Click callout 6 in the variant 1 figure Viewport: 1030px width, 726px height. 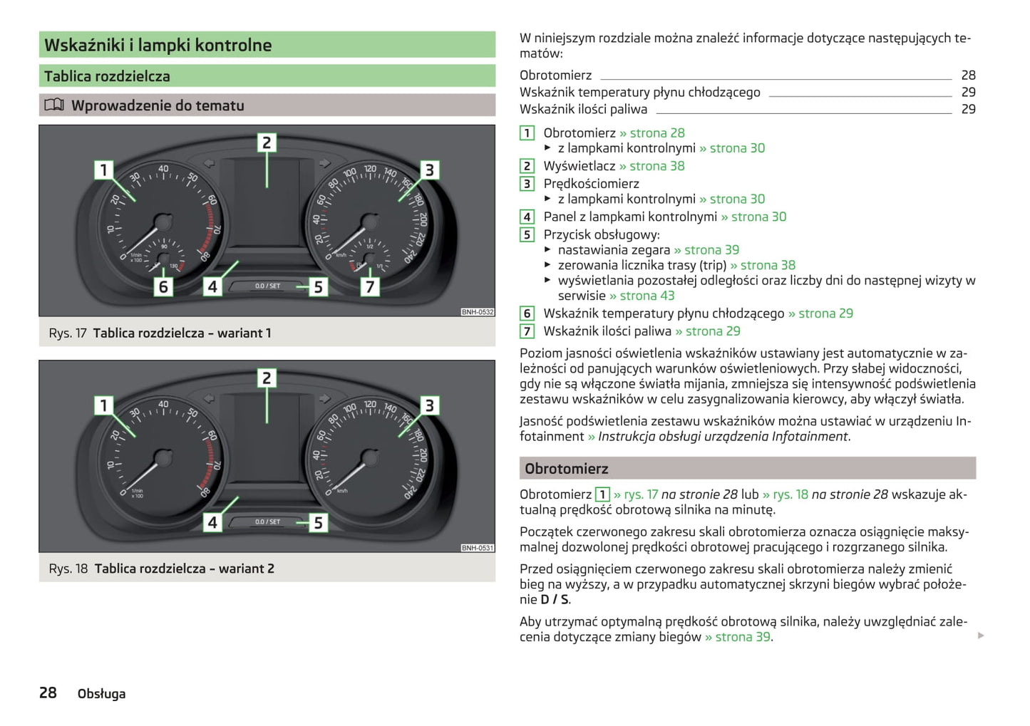coord(163,286)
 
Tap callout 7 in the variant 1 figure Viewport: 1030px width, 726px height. coord(369,286)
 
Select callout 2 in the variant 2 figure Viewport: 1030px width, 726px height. coord(267,378)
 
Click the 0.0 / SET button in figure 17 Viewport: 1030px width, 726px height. coord(268,286)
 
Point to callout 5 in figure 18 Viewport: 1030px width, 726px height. coord(318,522)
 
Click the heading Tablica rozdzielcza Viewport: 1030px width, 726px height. coord(107,76)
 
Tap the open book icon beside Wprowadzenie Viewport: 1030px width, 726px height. coord(54,105)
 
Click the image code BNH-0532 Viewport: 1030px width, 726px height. coord(477,312)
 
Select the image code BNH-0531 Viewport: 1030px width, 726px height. coord(477,548)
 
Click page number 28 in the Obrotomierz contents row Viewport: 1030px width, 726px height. coord(968,75)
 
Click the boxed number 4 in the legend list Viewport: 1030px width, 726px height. coord(527,217)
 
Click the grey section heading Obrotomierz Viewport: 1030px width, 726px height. coord(567,469)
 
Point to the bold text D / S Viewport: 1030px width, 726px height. coord(555,599)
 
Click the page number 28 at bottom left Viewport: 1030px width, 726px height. coord(48,693)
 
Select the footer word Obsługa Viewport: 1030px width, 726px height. coord(101,693)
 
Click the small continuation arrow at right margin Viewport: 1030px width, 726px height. coord(981,635)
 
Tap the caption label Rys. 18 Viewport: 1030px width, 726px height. coord(68,569)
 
